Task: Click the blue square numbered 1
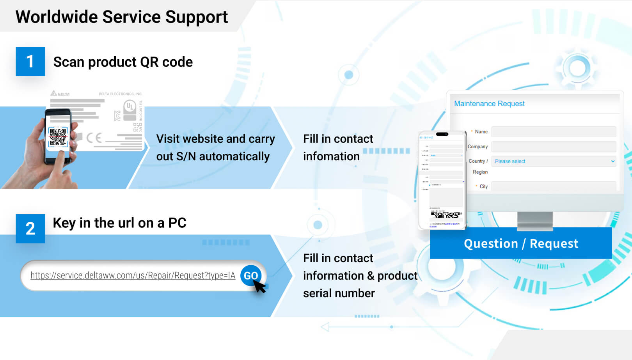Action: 30,62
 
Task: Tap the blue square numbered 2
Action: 30,229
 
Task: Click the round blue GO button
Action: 250,275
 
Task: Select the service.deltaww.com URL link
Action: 133,275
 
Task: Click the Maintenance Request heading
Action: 489,104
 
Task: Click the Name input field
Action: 553,132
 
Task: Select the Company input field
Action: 553,147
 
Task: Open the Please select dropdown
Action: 553,161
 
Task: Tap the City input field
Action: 553,186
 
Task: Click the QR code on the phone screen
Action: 58,137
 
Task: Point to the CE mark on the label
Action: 94,138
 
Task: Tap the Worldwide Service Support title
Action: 122,17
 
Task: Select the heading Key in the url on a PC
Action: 119,223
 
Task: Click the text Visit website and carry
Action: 215,139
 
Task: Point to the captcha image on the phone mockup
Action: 445,215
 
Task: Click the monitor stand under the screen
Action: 534,220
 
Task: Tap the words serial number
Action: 339,293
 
